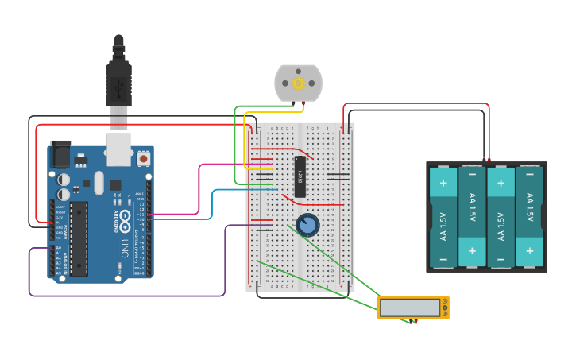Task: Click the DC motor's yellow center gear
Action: click(x=299, y=83)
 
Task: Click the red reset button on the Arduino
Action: click(x=143, y=159)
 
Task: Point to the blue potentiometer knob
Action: click(x=307, y=226)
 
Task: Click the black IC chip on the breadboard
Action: click(x=300, y=176)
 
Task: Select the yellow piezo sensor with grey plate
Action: click(x=412, y=308)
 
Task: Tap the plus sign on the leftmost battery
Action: click(x=443, y=183)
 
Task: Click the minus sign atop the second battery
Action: click(x=472, y=174)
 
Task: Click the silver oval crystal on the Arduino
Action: click(x=99, y=183)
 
